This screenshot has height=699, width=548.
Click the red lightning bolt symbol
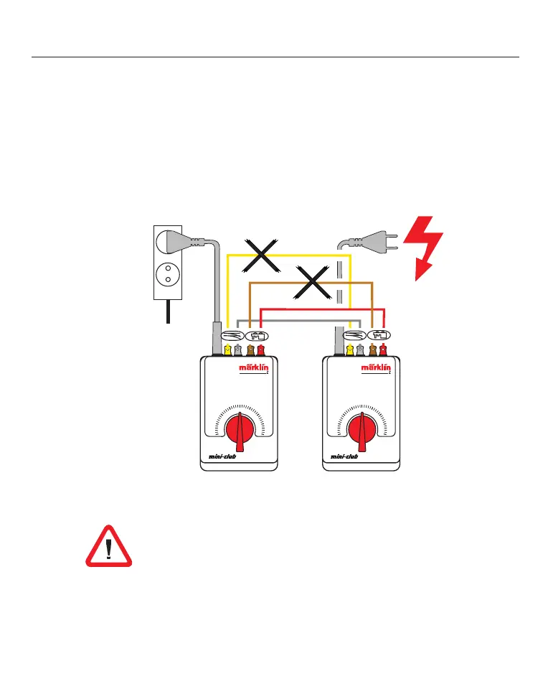pos(424,248)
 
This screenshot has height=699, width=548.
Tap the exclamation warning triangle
pos(109,547)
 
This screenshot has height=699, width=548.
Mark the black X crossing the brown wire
pos(312,281)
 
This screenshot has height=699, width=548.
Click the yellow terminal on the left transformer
pos(227,349)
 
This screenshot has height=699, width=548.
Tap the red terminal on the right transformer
pos(384,349)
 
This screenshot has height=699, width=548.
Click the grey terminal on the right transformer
pos(361,349)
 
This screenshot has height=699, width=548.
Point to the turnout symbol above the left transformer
pos(232,335)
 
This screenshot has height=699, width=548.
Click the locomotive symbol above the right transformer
pos(377,335)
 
